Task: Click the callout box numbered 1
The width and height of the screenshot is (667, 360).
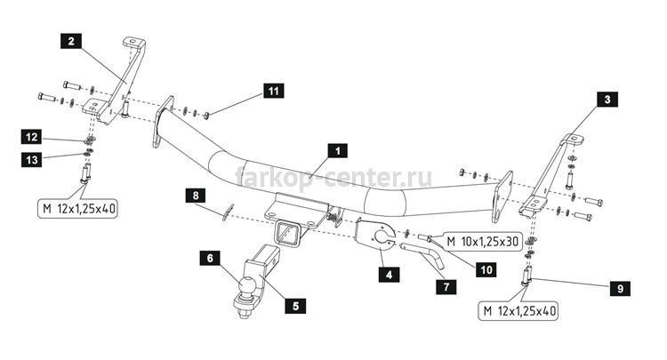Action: [337, 151]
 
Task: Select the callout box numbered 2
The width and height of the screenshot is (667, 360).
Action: [71, 41]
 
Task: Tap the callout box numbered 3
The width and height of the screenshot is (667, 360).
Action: [607, 100]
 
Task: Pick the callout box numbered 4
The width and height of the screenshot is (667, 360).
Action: [390, 275]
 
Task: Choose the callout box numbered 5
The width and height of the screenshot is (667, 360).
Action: [295, 306]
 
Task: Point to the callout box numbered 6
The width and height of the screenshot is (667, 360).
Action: [210, 258]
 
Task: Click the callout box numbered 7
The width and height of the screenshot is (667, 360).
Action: [446, 287]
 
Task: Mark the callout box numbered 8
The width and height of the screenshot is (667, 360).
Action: [196, 196]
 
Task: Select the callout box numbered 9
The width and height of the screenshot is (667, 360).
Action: [620, 289]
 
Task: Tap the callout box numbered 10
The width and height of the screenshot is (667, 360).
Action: [486, 269]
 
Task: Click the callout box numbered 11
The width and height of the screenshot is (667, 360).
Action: [274, 91]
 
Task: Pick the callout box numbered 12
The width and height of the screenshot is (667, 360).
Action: [32, 137]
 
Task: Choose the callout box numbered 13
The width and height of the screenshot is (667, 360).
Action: [32, 160]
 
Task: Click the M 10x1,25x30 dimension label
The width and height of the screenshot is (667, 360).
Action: [482, 242]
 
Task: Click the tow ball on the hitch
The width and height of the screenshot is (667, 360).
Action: [247, 285]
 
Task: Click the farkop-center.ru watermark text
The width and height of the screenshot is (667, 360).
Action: [333, 177]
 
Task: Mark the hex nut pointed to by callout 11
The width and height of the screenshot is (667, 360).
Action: [206, 116]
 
